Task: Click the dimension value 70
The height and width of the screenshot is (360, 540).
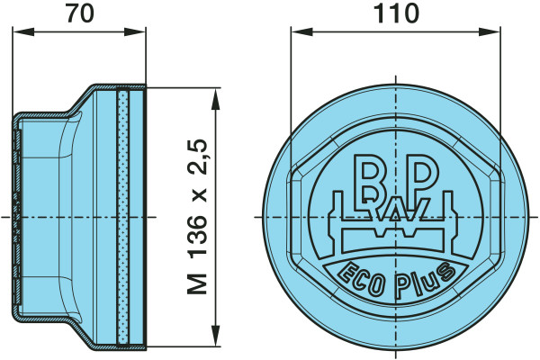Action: pyautogui.click(x=80, y=13)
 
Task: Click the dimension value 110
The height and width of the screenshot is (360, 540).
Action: pyautogui.click(x=396, y=13)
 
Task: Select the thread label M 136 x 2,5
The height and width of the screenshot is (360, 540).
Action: pyautogui.click(x=198, y=217)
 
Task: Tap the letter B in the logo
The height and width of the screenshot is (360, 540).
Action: pyautogui.click(x=369, y=179)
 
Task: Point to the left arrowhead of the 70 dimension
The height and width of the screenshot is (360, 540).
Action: pyautogui.click(x=23, y=32)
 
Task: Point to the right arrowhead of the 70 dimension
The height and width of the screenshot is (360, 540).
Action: pyautogui.click(x=135, y=32)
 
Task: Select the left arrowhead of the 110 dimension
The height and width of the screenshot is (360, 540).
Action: pyautogui.click(x=301, y=32)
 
